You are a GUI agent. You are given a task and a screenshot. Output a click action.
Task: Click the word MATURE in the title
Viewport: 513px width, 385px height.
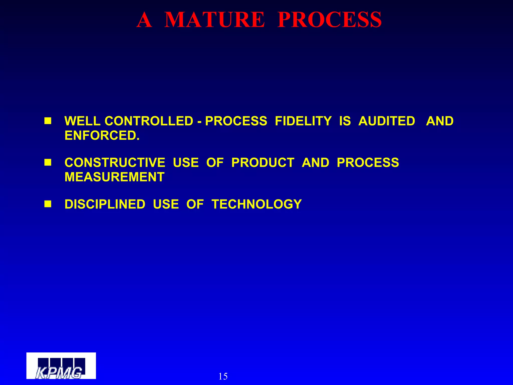214,20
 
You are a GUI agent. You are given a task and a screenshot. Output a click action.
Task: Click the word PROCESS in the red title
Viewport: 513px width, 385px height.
329,20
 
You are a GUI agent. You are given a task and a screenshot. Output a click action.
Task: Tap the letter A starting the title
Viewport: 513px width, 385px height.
144,20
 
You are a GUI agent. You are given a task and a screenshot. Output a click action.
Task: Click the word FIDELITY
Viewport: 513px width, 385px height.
303,121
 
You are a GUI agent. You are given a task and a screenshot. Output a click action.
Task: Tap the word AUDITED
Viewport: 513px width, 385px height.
387,121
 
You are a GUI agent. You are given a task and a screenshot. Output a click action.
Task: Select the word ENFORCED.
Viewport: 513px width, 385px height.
102,136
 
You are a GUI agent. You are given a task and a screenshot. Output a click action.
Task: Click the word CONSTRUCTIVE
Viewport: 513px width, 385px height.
115,163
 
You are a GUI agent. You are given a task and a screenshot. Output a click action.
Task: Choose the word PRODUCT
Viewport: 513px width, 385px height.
263,163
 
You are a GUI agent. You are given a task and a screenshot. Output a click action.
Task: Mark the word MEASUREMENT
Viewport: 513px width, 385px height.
114,177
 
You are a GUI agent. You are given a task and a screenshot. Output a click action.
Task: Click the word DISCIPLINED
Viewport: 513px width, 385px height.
105,204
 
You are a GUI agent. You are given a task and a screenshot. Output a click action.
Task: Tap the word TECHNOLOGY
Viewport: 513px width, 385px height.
256,204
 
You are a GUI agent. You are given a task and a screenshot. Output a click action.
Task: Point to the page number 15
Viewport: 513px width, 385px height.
223,376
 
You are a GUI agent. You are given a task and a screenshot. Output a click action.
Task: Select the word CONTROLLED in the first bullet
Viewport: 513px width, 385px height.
149,121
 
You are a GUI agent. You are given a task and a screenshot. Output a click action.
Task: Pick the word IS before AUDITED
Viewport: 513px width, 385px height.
345,121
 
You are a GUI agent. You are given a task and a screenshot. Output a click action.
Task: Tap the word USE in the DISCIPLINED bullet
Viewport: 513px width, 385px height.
166,204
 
